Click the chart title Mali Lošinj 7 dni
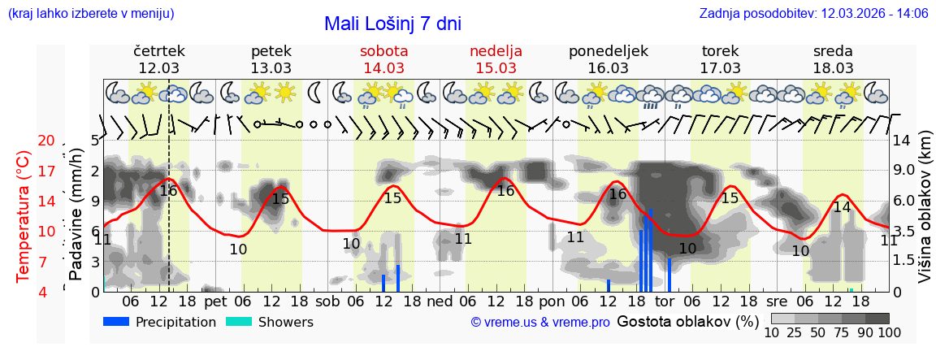392,24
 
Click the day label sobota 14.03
383,59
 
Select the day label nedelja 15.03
496,59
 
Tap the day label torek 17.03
720,59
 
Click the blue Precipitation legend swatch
117,322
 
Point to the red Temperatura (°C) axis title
24,216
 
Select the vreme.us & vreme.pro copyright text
540,323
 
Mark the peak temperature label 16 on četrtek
168,191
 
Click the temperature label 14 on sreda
842,207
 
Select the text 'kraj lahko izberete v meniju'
91,13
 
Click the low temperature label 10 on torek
687,248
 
